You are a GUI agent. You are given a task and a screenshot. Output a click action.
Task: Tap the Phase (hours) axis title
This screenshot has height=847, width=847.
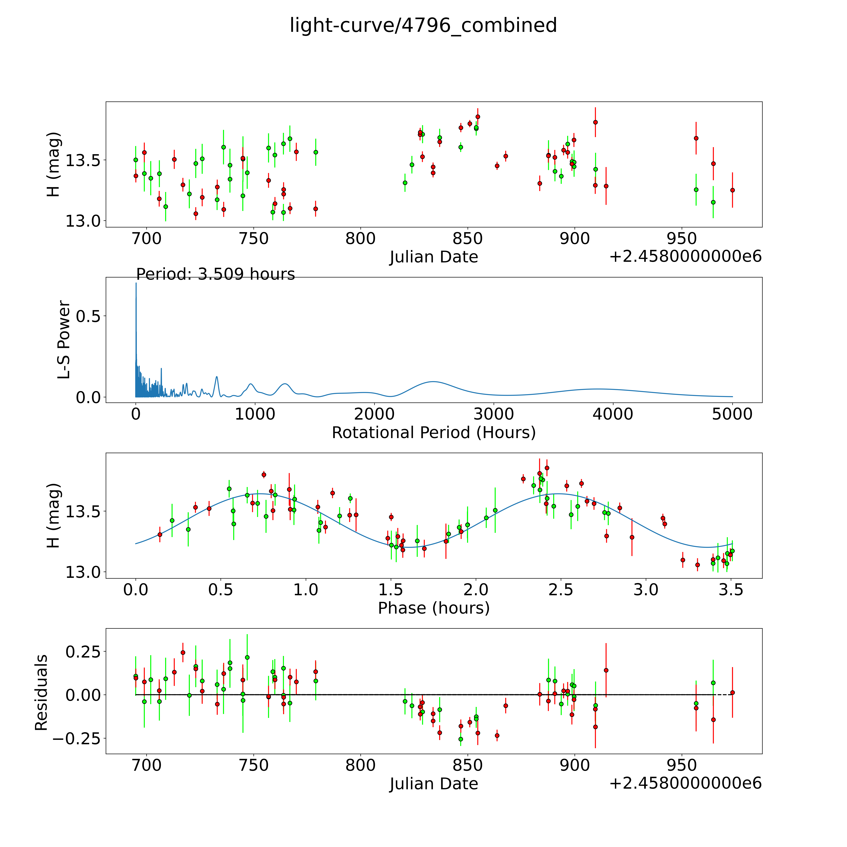pyautogui.click(x=434, y=608)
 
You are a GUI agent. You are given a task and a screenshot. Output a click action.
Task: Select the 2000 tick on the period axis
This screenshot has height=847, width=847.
pyautogui.click(x=374, y=414)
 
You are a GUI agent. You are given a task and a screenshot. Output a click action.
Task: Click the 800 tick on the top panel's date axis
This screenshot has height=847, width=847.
pyautogui.click(x=360, y=239)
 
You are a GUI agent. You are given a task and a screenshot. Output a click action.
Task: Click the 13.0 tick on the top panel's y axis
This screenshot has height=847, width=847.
pyautogui.click(x=82, y=221)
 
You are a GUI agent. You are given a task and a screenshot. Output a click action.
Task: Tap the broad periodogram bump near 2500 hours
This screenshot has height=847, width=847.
pyautogui.click(x=433, y=382)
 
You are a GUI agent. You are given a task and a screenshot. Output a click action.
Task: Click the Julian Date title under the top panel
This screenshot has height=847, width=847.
pyautogui.click(x=434, y=257)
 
